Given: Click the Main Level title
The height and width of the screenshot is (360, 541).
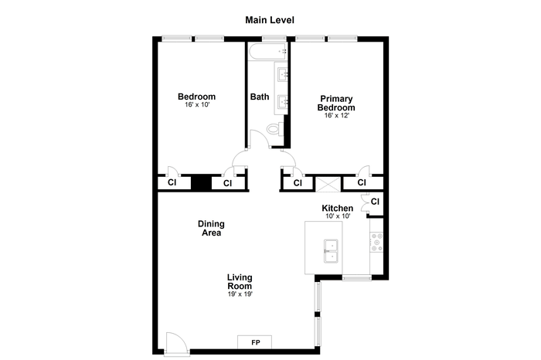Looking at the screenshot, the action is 270,20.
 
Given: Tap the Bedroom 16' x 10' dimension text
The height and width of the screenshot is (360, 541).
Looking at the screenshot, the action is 197,105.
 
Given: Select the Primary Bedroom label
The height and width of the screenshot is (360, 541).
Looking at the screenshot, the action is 336,103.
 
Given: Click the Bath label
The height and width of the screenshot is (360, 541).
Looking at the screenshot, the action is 260,97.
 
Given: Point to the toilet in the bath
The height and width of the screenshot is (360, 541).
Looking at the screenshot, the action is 276,129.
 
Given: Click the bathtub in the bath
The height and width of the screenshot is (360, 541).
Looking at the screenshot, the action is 267,52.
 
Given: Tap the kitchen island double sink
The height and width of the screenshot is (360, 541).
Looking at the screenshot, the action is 331,251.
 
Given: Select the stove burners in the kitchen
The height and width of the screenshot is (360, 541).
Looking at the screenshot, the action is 376,242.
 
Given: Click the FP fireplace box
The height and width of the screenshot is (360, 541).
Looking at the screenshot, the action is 254,342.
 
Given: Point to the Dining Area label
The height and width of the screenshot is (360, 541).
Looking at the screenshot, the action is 211,228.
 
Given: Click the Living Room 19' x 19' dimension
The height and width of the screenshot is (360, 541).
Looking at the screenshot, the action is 240,294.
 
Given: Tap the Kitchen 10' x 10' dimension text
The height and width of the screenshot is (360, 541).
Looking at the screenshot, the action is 339,216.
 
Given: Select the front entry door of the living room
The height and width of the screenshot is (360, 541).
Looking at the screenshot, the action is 177,343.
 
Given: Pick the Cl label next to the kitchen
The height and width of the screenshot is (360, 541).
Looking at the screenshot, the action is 375,202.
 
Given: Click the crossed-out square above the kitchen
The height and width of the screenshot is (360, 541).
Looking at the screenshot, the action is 328,184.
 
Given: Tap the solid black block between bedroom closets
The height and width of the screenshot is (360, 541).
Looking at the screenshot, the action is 201,183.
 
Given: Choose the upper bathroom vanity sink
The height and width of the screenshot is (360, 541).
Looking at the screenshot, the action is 284,74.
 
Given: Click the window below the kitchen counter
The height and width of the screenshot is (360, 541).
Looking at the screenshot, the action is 357,277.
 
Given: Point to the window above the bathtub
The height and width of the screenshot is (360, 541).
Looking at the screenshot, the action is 274,39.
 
